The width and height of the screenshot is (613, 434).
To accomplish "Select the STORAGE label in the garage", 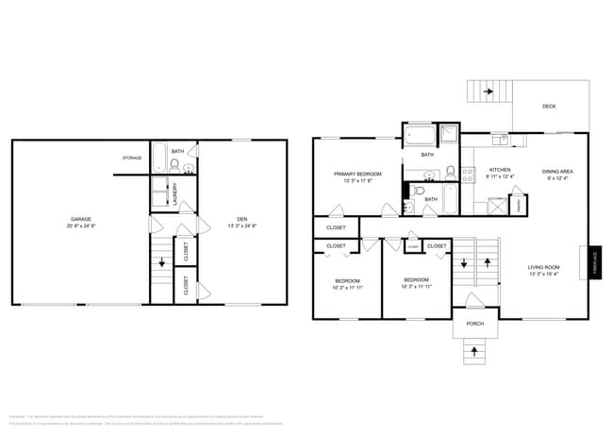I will pyautogui.click(x=132, y=158).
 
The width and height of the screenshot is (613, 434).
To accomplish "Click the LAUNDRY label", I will pyautogui.click(x=175, y=193).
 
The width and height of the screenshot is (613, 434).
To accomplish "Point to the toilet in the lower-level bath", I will pyautogui.click(x=174, y=165).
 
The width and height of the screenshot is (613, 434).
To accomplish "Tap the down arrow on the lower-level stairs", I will pyautogui.click(x=160, y=263).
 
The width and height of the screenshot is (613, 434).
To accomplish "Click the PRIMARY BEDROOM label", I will pyautogui.click(x=356, y=175).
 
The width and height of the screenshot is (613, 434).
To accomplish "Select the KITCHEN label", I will pyautogui.click(x=499, y=170).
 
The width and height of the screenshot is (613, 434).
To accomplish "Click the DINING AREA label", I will pyautogui.click(x=558, y=172).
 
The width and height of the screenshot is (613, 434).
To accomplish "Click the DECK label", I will pyautogui.click(x=549, y=107).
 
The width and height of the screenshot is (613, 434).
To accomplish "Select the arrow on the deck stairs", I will pyautogui.click(x=488, y=92).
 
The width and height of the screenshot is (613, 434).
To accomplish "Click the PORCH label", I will pyautogui.click(x=475, y=324).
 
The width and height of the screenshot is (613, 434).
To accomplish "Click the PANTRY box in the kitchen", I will pyautogui.click(x=517, y=206).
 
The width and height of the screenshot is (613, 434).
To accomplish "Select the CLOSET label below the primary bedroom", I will pyautogui.click(x=336, y=227).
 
